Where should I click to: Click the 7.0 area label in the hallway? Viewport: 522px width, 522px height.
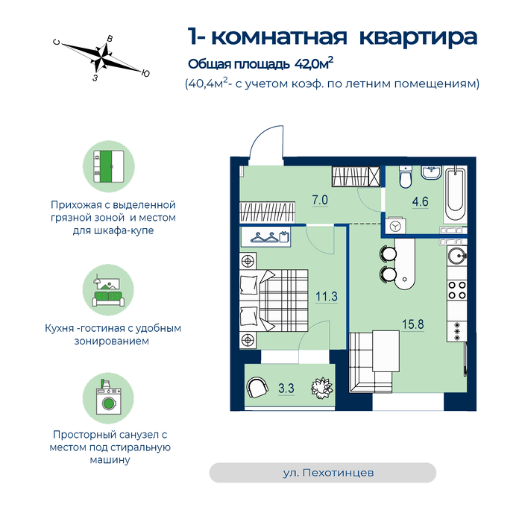click(x=320, y=201)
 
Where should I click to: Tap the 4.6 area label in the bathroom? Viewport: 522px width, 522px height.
click(x=420, y=202)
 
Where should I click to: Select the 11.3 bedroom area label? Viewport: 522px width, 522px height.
click(x=327, y=296)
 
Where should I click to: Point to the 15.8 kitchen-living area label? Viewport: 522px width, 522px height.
click(x=413, y=324)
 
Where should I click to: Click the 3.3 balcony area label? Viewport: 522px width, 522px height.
click(x=286, y=389)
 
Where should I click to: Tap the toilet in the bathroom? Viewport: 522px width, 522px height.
click(x=406, y=177)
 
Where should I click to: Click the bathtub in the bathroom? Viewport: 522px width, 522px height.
click(x=456, y=195)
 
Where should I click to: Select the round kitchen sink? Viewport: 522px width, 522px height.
click(x=457, y=256)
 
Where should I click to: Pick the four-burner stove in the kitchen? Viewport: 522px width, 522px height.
click(x=457, y=290)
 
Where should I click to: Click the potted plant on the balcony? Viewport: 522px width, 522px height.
click(x=322, y=388)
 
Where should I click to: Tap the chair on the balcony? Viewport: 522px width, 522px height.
click(x=257, y=389)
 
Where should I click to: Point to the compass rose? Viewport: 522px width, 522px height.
click(x=102, y=57)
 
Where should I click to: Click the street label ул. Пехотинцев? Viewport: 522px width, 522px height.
click(x=328, y=473)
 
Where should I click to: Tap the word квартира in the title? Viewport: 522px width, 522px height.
click(x=418, y=37)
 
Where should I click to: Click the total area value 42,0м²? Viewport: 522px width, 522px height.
click(x=314, y=63)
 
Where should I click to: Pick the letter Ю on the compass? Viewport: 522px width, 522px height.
click(x=145, y=74)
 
